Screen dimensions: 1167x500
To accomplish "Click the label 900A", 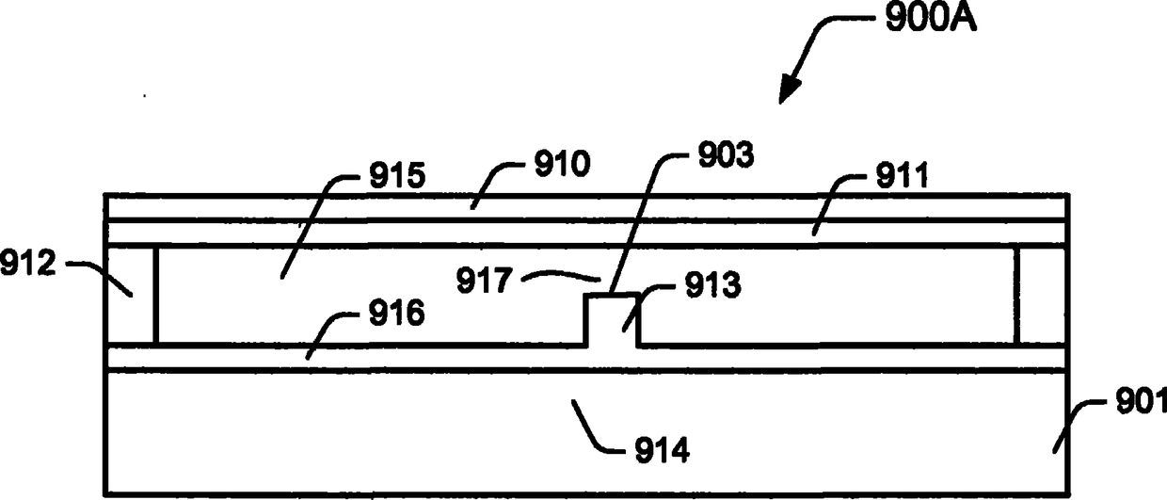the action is [x=926, y=19].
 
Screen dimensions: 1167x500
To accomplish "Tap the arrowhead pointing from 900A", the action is [x=787, y=90].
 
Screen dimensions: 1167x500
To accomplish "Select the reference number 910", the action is [x=563, y=167].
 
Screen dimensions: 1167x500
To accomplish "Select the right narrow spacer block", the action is [x=1042, y=294].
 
